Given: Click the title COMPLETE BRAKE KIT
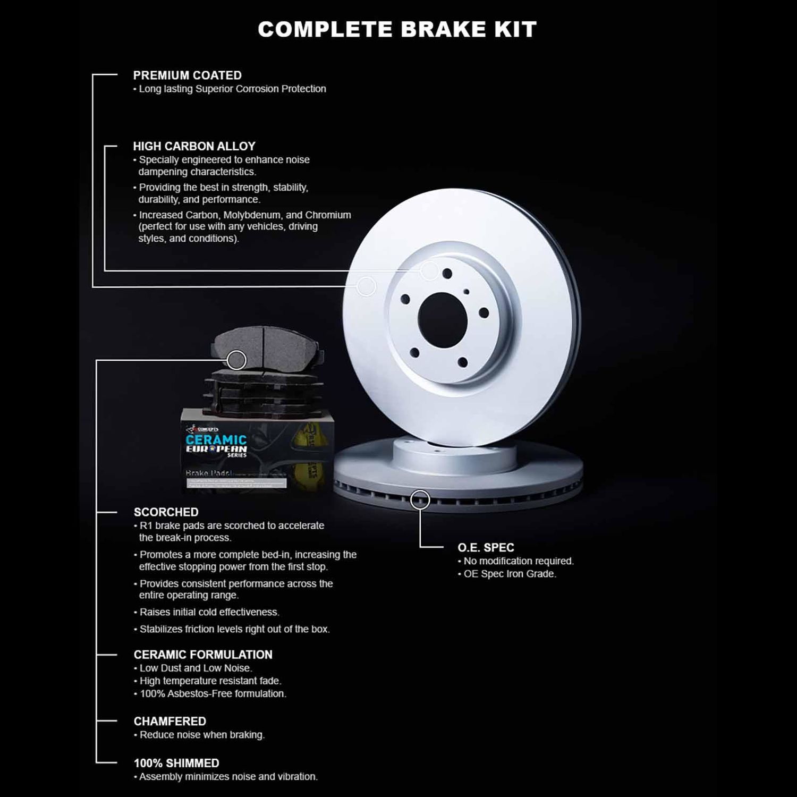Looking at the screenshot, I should [x=397, y=29].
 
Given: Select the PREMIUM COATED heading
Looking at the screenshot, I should [x=187, y=75].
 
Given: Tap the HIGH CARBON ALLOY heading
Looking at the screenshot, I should [x=194, y=146].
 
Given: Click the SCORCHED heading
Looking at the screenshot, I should [x=166, y=512].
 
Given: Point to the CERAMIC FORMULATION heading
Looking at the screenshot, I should [x=203, y=655].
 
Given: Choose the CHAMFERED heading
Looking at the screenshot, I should [x=169, y=722].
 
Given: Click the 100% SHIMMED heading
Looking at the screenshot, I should [x=176, y=763].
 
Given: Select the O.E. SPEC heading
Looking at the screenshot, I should [x=486, y=547].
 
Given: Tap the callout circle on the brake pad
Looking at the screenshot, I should [x=236, y=360].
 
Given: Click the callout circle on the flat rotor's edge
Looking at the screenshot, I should [x=420, y=499].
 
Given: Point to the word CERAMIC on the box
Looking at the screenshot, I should [x=216, y=440].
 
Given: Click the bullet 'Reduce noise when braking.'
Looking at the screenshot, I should [x=202, y=735].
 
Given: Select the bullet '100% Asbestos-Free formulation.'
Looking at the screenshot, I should [x=213, y=693].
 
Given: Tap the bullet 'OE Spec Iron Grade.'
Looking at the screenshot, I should [x=510, y=574].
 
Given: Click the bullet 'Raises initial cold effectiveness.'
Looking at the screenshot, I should [x=209, y=612].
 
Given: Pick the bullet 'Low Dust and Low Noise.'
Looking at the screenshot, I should [x=196, y=668].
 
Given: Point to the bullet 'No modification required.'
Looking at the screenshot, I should [x=519, y=561].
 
